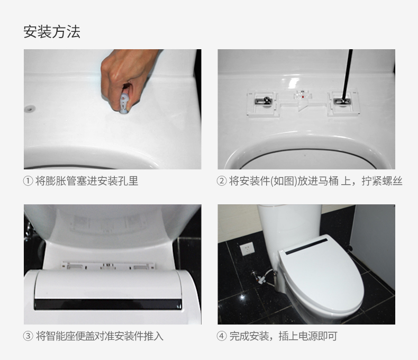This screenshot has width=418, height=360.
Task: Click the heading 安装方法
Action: point(52,32)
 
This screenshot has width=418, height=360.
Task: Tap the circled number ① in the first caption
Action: point(28,181)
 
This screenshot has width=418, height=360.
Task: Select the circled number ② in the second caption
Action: point(222,181)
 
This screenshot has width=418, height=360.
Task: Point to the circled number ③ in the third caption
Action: point(28,336)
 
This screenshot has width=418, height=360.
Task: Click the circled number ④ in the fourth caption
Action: point(222,336)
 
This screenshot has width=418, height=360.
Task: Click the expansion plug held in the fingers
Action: point(124,103)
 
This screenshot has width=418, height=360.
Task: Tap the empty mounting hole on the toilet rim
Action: point(30,109)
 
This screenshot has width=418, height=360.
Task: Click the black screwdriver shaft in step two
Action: point(347,74)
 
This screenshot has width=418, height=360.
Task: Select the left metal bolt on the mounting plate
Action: point(263,101)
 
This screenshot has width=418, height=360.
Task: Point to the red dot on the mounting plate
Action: point(303,96)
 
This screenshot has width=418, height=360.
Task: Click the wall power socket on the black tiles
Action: point(247,249)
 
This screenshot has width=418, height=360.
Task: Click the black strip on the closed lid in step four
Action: point(306,246)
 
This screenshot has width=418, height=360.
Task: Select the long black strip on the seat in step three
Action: point(108,304)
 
